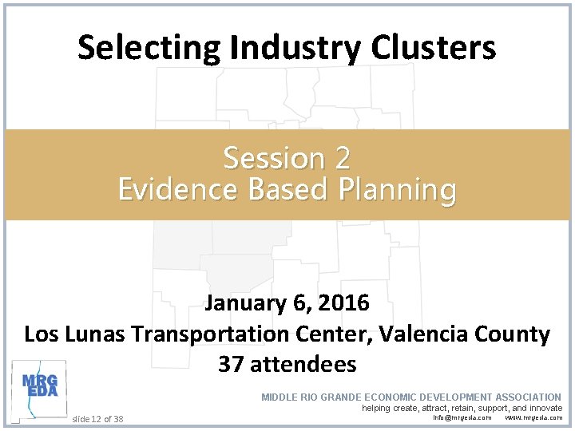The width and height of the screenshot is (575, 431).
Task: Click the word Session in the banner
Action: (x=274, y=159)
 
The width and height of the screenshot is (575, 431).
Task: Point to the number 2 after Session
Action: (x=342, y=159)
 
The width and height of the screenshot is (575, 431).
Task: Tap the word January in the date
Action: (x=241, y=303)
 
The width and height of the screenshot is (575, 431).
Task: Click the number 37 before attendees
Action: (x=231, y=365)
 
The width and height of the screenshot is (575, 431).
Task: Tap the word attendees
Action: (x=303, y=365)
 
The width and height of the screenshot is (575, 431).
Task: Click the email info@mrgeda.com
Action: (x=462, y=417)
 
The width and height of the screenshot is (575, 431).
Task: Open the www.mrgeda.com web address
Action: (x=533, y=417)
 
